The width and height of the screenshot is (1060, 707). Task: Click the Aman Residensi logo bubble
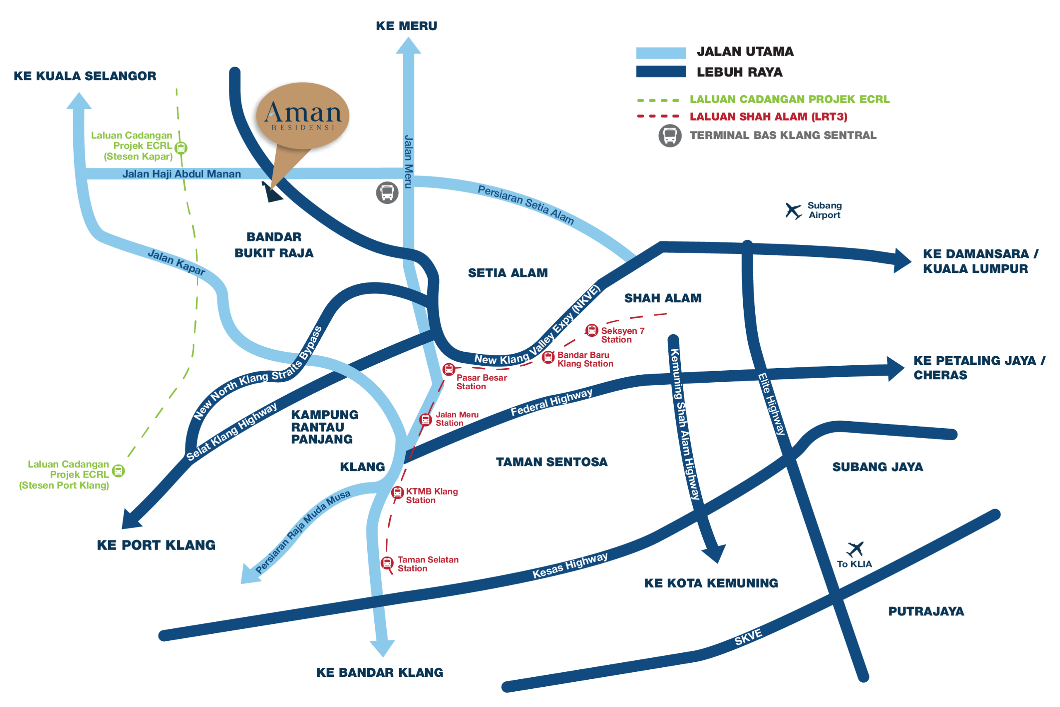pos(303,116)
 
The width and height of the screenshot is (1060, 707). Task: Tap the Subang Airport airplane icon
pos(793,210)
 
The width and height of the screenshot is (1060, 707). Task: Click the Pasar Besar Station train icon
pos(448,369)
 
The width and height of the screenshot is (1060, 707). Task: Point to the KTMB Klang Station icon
pos(397,492)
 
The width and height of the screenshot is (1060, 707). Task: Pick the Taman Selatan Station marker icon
pos(387,563)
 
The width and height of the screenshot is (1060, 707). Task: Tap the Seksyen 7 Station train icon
pos(591,331)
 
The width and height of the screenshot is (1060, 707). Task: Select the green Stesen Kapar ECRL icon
pos(181,147)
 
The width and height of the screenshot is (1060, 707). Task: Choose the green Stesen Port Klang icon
pos(118,471)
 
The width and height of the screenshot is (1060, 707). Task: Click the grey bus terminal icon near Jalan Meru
pos(387,193)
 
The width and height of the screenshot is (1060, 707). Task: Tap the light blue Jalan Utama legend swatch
pos(661,53)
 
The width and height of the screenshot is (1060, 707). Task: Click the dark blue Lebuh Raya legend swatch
pos(661,72)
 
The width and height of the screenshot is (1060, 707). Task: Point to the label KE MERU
pos(407,26)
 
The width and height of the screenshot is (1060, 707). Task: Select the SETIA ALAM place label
pos(508,273)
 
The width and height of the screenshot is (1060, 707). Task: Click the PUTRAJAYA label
pos(926,611)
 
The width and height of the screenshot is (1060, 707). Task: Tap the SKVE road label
pos(748,637)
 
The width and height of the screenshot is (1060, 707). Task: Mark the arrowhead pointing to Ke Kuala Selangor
pos(79,101)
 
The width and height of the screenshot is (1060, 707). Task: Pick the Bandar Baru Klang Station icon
pos(548,357)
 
